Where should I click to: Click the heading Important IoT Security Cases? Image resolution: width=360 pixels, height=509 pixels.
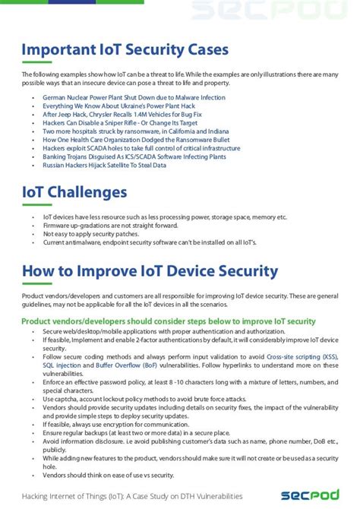tap(125, 50)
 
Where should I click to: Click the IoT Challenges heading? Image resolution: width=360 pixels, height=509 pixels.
tap(74, 192)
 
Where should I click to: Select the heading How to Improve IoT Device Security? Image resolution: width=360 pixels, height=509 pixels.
tap(150, 271)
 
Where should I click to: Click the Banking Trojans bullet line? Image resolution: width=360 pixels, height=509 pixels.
tap(134, 156)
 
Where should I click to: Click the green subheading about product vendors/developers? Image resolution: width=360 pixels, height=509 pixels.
tap(168, 321)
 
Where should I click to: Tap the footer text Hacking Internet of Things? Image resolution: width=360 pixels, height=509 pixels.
tap(132, 495)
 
